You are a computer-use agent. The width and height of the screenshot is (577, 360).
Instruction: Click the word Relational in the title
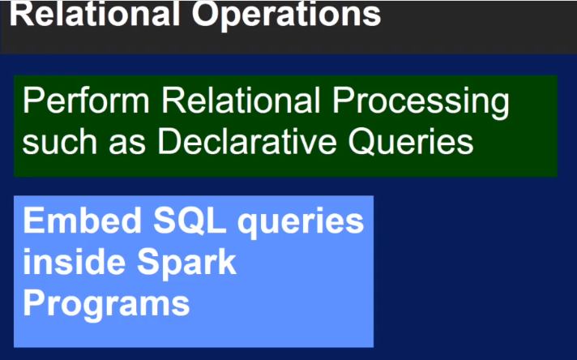tap(94, 14)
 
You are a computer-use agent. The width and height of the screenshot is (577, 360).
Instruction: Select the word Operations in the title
tap(286, 16)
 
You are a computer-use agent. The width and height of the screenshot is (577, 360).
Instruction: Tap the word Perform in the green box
tap(86, 101)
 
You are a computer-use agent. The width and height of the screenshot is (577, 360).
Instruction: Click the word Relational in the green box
tap(241, 101)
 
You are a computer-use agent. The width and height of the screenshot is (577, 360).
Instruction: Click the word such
tap(60, 141)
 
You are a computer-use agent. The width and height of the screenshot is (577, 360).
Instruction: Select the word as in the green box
tap(127, 145)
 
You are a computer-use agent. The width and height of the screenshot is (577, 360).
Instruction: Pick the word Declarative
tap(247, 141)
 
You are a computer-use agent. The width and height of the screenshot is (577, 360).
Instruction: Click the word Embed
tap(82, 221)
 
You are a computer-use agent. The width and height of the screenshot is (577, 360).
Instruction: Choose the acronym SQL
tap(190, 221)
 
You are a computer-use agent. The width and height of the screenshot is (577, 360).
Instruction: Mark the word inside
tap(74, 261)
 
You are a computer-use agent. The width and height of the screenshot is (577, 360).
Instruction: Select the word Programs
tap(106, 306)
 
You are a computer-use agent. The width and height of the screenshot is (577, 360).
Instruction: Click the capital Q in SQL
tap(188, 221)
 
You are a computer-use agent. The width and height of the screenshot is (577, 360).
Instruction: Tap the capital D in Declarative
tap(169, 141)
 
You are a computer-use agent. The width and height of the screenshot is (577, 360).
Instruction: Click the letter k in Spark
tap(227, 261)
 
